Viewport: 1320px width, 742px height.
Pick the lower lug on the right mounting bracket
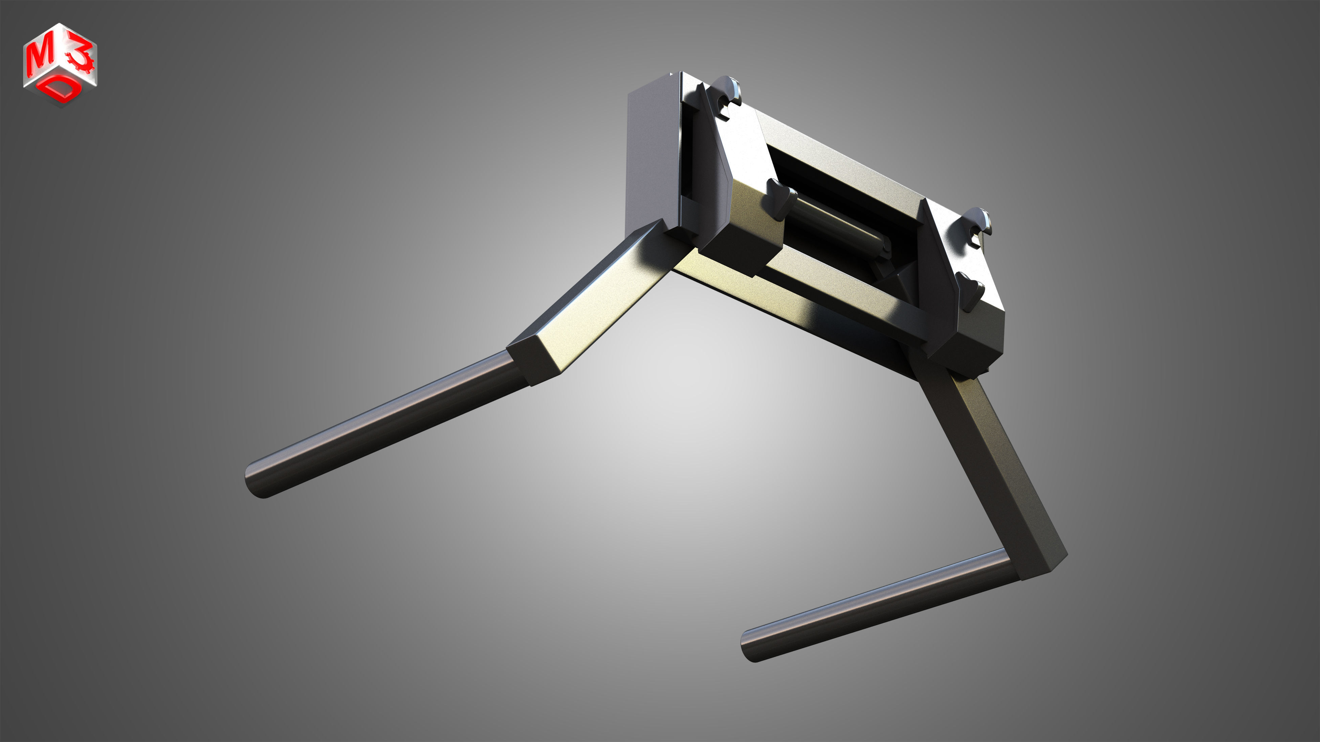coord(970,291)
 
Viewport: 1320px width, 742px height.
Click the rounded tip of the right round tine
coord(751,646)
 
